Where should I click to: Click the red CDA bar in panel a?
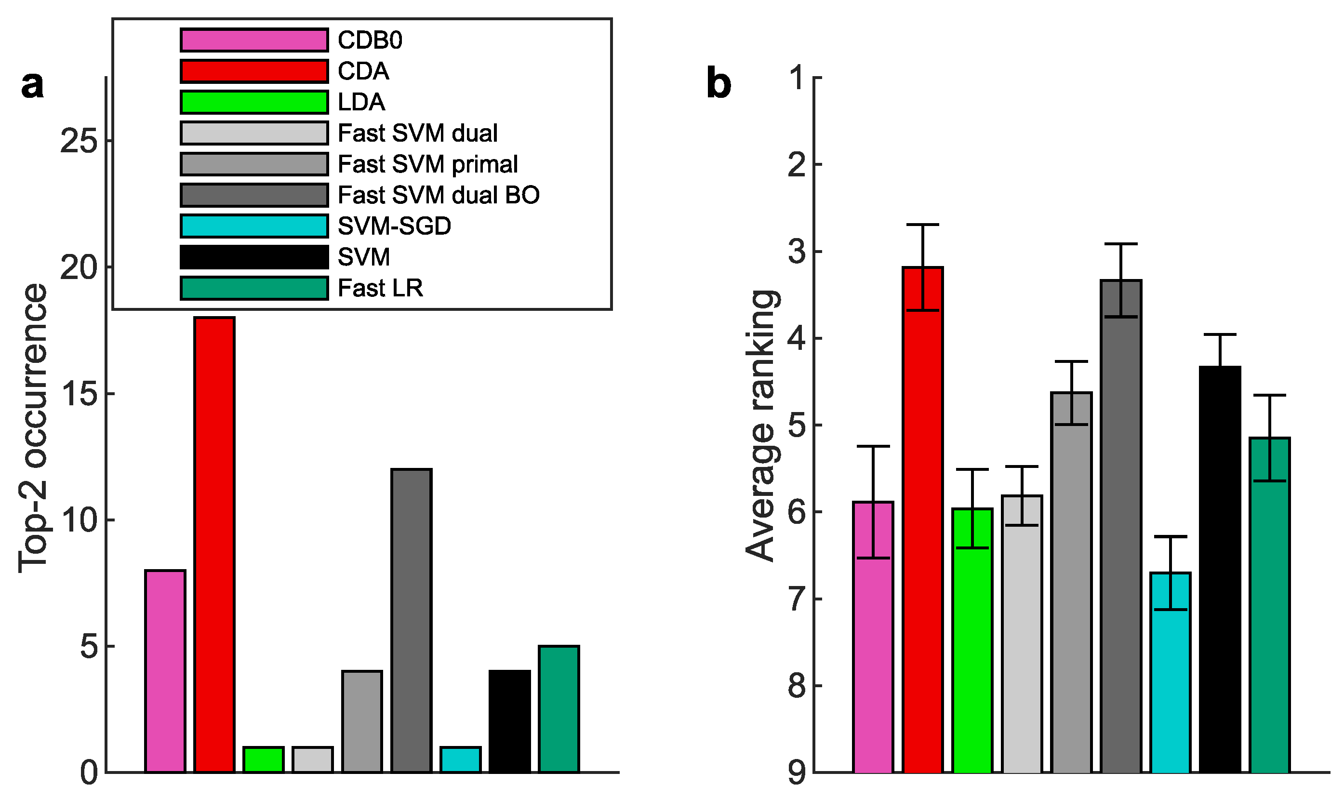point(214,544)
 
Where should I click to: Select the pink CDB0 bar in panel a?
point(165,671)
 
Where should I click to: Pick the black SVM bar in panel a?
point(510,721)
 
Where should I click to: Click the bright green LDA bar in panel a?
point(263,759)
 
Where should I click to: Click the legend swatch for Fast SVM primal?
point(254,164)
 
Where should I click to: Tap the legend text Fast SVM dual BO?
point(438,195)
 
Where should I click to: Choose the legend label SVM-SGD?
point(394,226)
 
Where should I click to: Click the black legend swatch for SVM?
point(254,257)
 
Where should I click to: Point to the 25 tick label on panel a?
point(79,142)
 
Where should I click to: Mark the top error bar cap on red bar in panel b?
point(922,225)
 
